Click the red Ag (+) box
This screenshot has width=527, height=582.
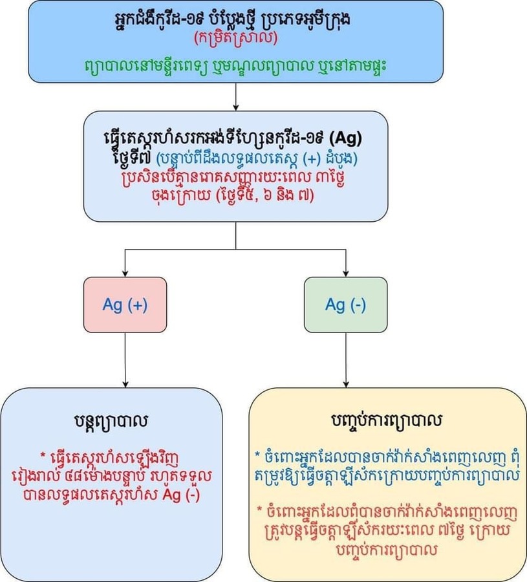(125, 305)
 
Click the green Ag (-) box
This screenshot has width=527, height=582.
(345, 305)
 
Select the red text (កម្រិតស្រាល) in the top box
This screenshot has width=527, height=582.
(235, 39)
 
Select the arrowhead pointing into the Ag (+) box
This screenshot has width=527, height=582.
(125, 272)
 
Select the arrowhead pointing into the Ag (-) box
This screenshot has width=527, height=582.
(346, 272)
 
